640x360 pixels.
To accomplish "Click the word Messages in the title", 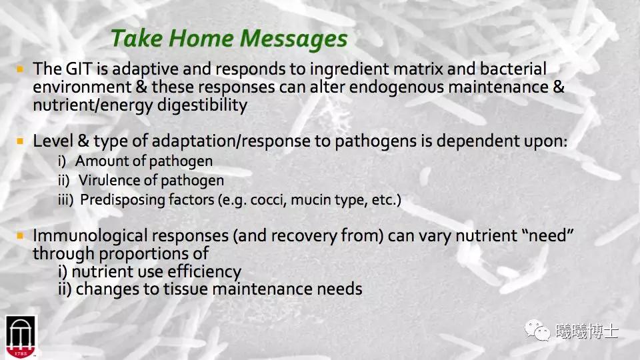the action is coord(293,39).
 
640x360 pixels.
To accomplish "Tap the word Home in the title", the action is coord(201,38).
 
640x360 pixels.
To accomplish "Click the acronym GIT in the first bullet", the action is coord(79,69).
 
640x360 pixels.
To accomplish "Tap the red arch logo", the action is coord(21,337).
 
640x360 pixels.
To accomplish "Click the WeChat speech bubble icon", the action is coord(537,330).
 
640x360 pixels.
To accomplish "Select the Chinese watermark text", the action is coord(587,331).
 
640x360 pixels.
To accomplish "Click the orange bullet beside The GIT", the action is coord(20,69).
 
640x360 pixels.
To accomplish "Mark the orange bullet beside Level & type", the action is coord(20,141).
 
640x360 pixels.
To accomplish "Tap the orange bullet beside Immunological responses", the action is coord(20,235).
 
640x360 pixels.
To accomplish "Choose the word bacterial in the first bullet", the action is coord(513,69).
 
